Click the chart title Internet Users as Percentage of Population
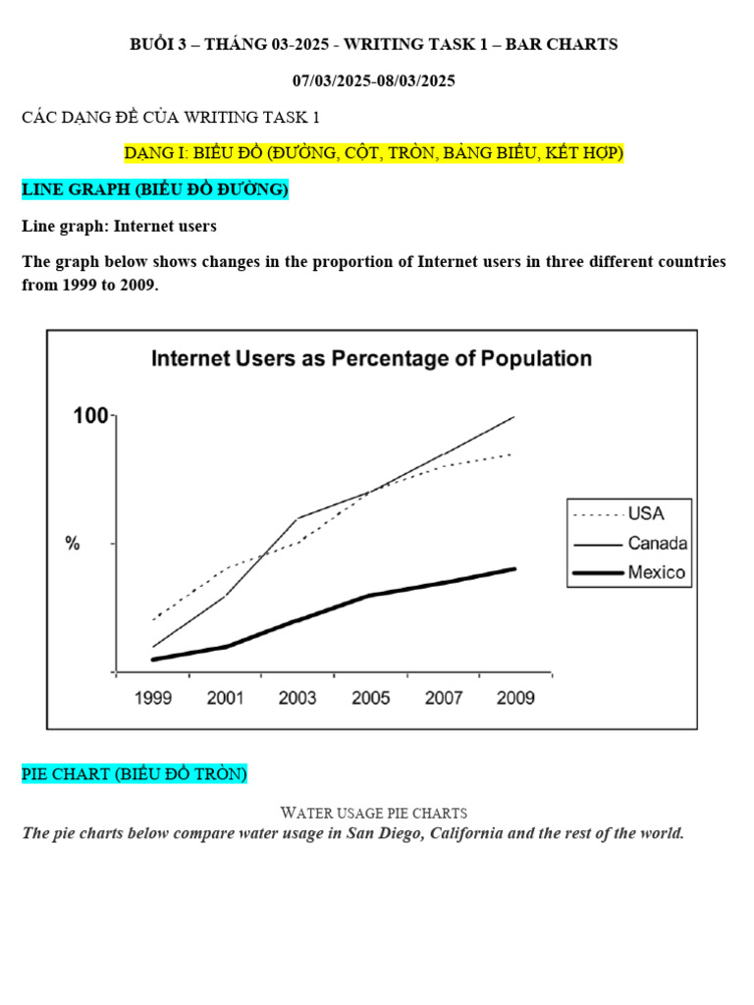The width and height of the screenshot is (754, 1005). point(371,359)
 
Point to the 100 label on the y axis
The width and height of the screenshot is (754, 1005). point(90,416)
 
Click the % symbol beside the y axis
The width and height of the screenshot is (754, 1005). point(73,544)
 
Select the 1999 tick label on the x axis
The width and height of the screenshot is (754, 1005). point(153,699)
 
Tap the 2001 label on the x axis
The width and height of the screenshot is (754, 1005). point(225,699)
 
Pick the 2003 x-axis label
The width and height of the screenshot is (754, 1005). point(297,699)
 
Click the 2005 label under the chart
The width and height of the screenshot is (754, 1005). point(370,699)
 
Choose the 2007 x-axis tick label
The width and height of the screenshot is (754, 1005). point(443,699)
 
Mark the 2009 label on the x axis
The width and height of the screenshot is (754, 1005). point(515,699)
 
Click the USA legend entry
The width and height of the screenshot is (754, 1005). point(646,513)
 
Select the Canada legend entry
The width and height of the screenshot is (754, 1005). point(657,543)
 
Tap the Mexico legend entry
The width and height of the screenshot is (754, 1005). point(656,572)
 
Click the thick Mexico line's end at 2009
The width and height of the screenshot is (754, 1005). point(514,569)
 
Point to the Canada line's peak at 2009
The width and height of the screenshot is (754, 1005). point(514,417)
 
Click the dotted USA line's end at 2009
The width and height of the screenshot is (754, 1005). point(512,454)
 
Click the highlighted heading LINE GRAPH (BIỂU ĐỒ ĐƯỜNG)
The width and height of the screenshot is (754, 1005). point(155,190)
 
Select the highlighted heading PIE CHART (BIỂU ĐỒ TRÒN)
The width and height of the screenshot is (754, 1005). point(135,775)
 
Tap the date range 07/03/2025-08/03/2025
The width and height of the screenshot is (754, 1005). point(374,81)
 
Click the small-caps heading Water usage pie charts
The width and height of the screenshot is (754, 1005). point(374,813)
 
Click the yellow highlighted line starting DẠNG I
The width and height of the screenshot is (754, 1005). point(374,154)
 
